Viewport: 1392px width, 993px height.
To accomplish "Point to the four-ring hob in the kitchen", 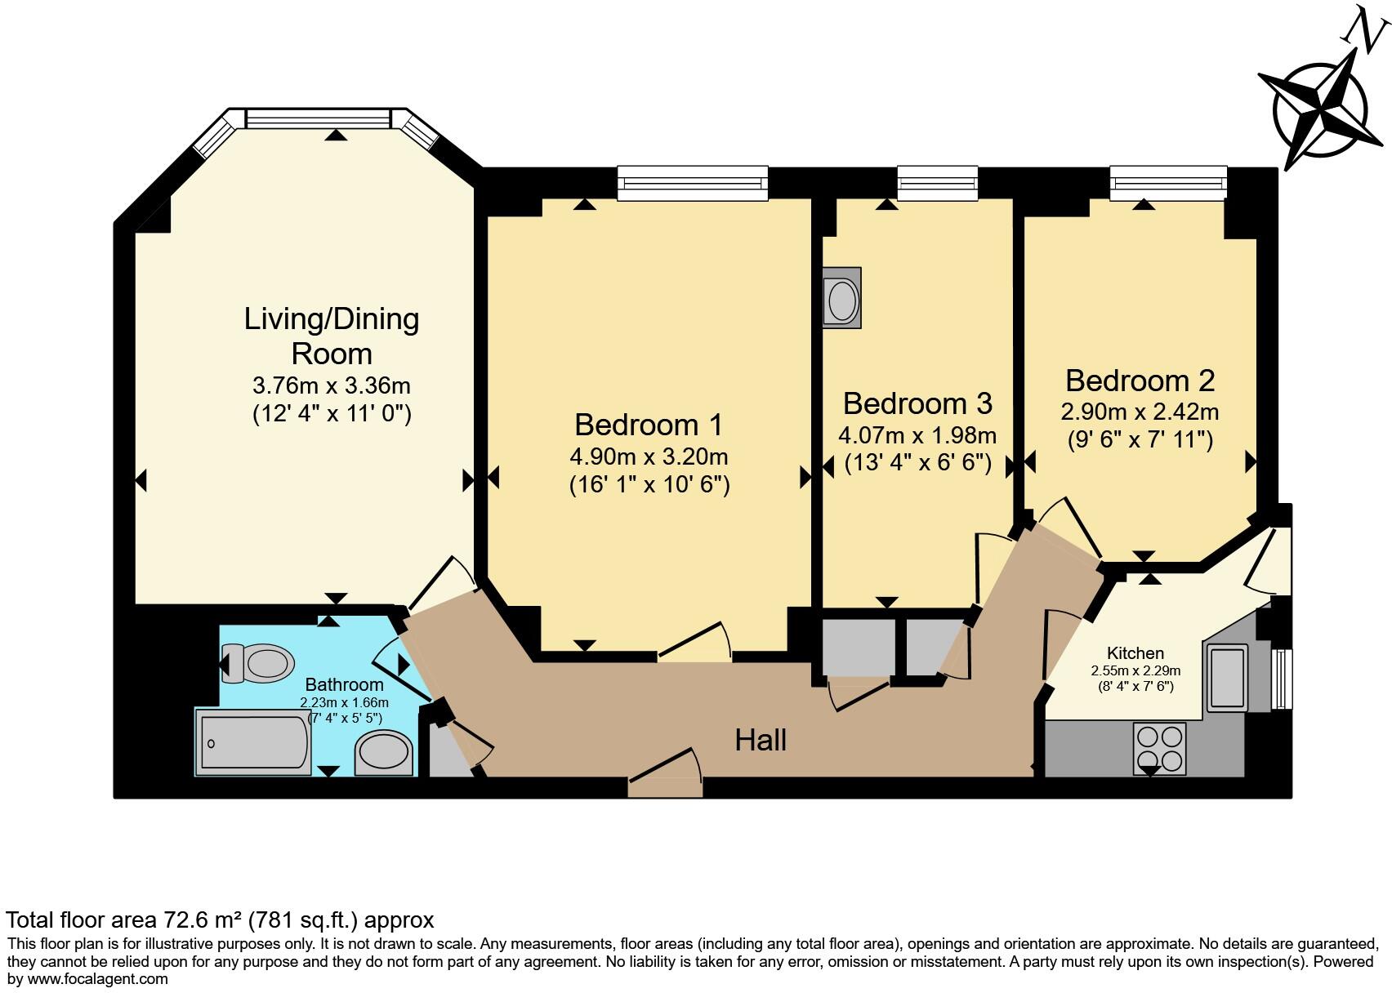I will click(x=1159, y=748).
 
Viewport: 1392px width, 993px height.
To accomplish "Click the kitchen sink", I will click(x=1227, y=677).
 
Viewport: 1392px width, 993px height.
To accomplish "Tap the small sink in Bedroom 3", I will click(x=842, y=299).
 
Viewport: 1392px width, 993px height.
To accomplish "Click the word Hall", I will click(x=761, y=740).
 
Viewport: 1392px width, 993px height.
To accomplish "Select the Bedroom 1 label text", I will click(x=649, y=425).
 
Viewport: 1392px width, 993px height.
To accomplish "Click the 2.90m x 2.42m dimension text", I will click(x=1140, y=411).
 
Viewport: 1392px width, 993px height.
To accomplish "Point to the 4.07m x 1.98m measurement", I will click(x=917, y=434).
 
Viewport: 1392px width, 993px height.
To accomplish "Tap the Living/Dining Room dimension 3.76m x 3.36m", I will click(x=332, y=385).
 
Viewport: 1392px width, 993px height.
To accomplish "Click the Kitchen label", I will click(x=1135, y=652).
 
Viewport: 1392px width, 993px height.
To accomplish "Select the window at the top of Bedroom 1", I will click(x=693, y=183).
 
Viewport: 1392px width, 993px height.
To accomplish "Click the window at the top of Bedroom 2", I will click(x=1168, y=183).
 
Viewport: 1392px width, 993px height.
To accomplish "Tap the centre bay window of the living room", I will click(x=318, y=118).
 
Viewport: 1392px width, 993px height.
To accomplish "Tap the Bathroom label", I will click(x=344, y=684).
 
